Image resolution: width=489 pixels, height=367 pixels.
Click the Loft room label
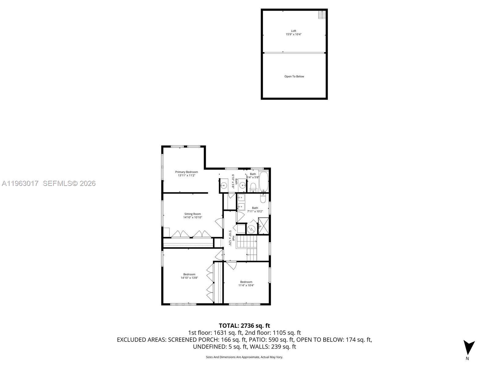pyautogui.click(x=293, y=31)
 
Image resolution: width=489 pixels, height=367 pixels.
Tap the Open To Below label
pyautogui.click(x=294, y=76)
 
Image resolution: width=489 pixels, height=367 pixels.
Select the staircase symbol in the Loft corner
pyautogui.click(x=322, y=15)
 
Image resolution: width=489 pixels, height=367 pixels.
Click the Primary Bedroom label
pyautogui.click(x=186, y=172)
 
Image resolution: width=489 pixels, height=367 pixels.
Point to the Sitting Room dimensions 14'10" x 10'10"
pyautogui.click(x=193, y=217)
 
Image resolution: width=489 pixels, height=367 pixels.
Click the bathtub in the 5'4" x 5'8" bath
pyautogui.click(x=263, y=181)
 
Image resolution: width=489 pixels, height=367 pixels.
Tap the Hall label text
pyautogui.click(x=233, y=239)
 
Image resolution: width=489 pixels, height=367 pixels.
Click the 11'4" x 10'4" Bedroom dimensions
pyautogui.click(x=246, y=285)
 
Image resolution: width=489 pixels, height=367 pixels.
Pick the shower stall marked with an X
pyautogui.click(x=263, y=226)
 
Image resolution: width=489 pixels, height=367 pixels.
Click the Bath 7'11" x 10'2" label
pyautogui.click(x=255, y=209)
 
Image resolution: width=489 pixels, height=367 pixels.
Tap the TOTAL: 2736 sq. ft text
pyautogui.click(x=244, y=326)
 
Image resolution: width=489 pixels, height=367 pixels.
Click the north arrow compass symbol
pyautogui.click(x=469, y=347)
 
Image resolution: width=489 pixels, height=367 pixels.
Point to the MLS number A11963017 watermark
pyautogui.click(x=20, y=183)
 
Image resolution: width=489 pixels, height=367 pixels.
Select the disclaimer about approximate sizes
pyautogui.click(x=244, y=357)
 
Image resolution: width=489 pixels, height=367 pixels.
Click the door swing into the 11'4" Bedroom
pyautogui.click(x=231, y=265)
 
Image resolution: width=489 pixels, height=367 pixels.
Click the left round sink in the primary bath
pyautogui.click(x=224, y=185)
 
